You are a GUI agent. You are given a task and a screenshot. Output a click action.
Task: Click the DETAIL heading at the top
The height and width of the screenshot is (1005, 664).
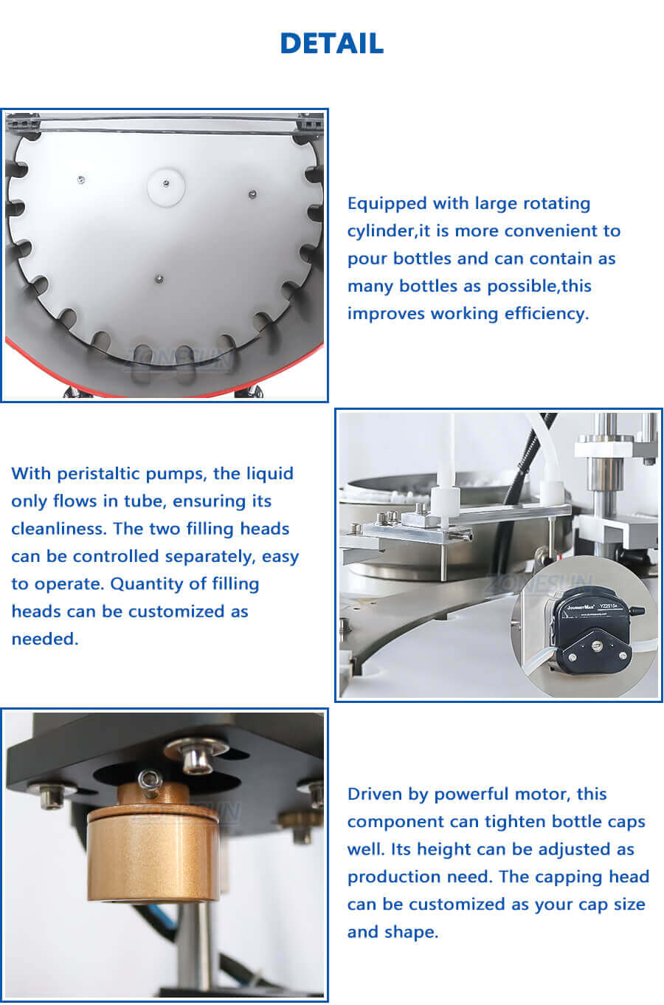click(331, 44)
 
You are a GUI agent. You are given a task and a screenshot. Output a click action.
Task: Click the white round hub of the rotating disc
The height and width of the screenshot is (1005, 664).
click(166, 186)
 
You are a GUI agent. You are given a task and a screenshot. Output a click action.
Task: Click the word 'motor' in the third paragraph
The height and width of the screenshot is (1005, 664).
click(543, 795)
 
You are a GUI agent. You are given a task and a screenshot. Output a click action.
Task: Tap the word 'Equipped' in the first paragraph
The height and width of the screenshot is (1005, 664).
click(387, 204)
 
